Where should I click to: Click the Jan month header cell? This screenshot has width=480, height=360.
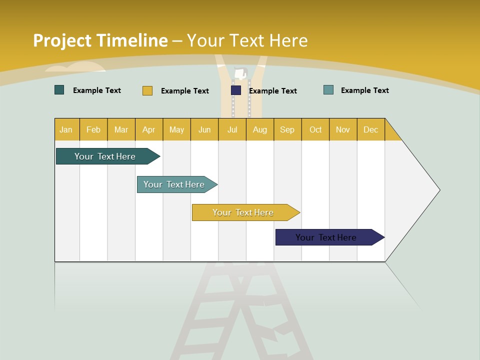66,129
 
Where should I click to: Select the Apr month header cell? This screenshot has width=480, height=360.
149,129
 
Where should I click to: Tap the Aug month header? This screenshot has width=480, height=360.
260,129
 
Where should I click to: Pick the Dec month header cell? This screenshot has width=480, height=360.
370,129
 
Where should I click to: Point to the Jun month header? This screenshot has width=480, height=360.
204,129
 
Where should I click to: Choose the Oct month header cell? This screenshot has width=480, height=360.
315,129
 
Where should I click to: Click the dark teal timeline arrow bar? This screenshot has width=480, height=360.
105,156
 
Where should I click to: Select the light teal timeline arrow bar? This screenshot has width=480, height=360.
174,184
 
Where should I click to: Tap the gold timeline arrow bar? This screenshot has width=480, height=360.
243,212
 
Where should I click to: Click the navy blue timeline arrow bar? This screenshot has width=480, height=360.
326,237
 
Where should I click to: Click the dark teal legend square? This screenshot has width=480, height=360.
59,90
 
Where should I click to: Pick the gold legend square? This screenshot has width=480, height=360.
147,90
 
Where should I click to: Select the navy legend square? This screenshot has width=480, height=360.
236,90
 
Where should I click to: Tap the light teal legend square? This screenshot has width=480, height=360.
328,90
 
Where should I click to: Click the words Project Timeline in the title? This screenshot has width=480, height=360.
100,40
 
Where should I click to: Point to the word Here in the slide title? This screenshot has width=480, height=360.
288,40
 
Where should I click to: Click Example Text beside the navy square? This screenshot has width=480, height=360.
272,91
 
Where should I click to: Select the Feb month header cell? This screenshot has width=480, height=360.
93,129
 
